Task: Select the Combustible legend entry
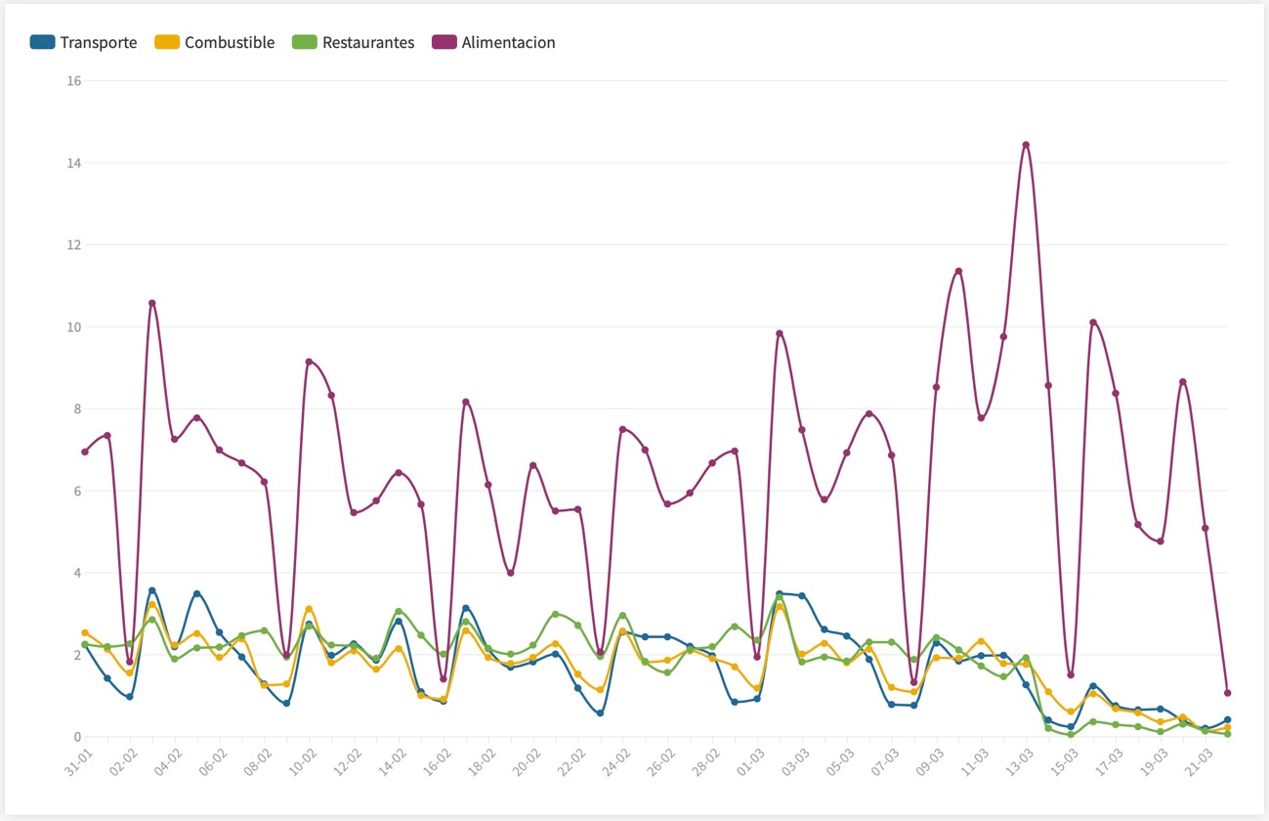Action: [x=215, y=42]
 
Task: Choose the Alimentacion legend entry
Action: [x=493, y=42]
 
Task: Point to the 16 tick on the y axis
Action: [x=72, y=80]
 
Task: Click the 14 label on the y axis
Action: [x=72, y=162]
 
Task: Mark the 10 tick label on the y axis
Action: [x=72, y=326]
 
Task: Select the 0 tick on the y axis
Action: [x=76, y=737]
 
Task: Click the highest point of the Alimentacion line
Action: [x=1026, y=145]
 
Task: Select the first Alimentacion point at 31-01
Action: [x=85, y=452]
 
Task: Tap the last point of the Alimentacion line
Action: [x=1227, y=693]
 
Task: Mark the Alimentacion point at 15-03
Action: [x=1071, y=674]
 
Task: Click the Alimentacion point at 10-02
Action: [x=309, y=362]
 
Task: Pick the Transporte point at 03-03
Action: [x=802, y=595]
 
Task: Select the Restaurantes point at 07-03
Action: [x=891, y=642]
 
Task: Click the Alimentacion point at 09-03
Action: [x=936, y=387]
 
